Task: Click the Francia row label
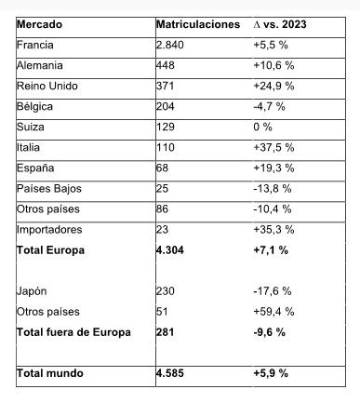35,45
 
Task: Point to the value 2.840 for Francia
175,45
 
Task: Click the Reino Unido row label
47,86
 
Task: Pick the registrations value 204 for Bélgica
168,106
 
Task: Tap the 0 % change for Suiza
266,127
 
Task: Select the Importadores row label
50,229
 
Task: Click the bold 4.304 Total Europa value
175,249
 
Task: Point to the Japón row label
33,291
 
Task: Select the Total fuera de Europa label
74,332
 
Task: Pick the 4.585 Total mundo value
175,373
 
